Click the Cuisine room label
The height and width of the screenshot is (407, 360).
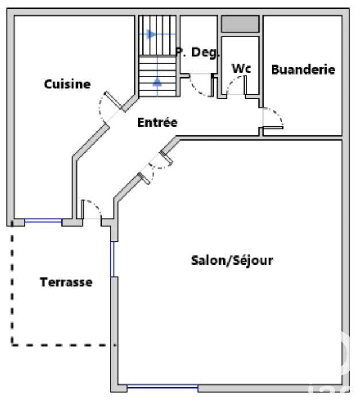pyautogui.click(x=67, y=84)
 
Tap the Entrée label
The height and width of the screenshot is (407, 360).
pyautogui.click(x=157, y=122)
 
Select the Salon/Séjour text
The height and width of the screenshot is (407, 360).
pyautogui.click(x=231, y=260)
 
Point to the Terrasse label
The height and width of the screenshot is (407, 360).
pyautogui.click(x=66, y=282)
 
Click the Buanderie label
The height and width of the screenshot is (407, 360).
pyautogui.click(x=303, y=69)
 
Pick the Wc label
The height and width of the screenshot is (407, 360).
pyautogui.click(x=241, y=68)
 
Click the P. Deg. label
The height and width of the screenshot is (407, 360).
pyautogui.click(x=198, y=52)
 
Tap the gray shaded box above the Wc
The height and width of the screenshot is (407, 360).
pyautogui.click(x=241, y=24)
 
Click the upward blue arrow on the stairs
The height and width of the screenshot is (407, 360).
pyautogui.click(x=157, y=82)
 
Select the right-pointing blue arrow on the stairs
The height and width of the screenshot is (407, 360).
pyautogui.click(x=150, y=34)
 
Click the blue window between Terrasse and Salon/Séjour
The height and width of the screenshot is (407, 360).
pyautogui.click(x=113, y=259)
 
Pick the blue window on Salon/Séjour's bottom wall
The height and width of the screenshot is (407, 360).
pyautogui.click(x=162, y=388)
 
